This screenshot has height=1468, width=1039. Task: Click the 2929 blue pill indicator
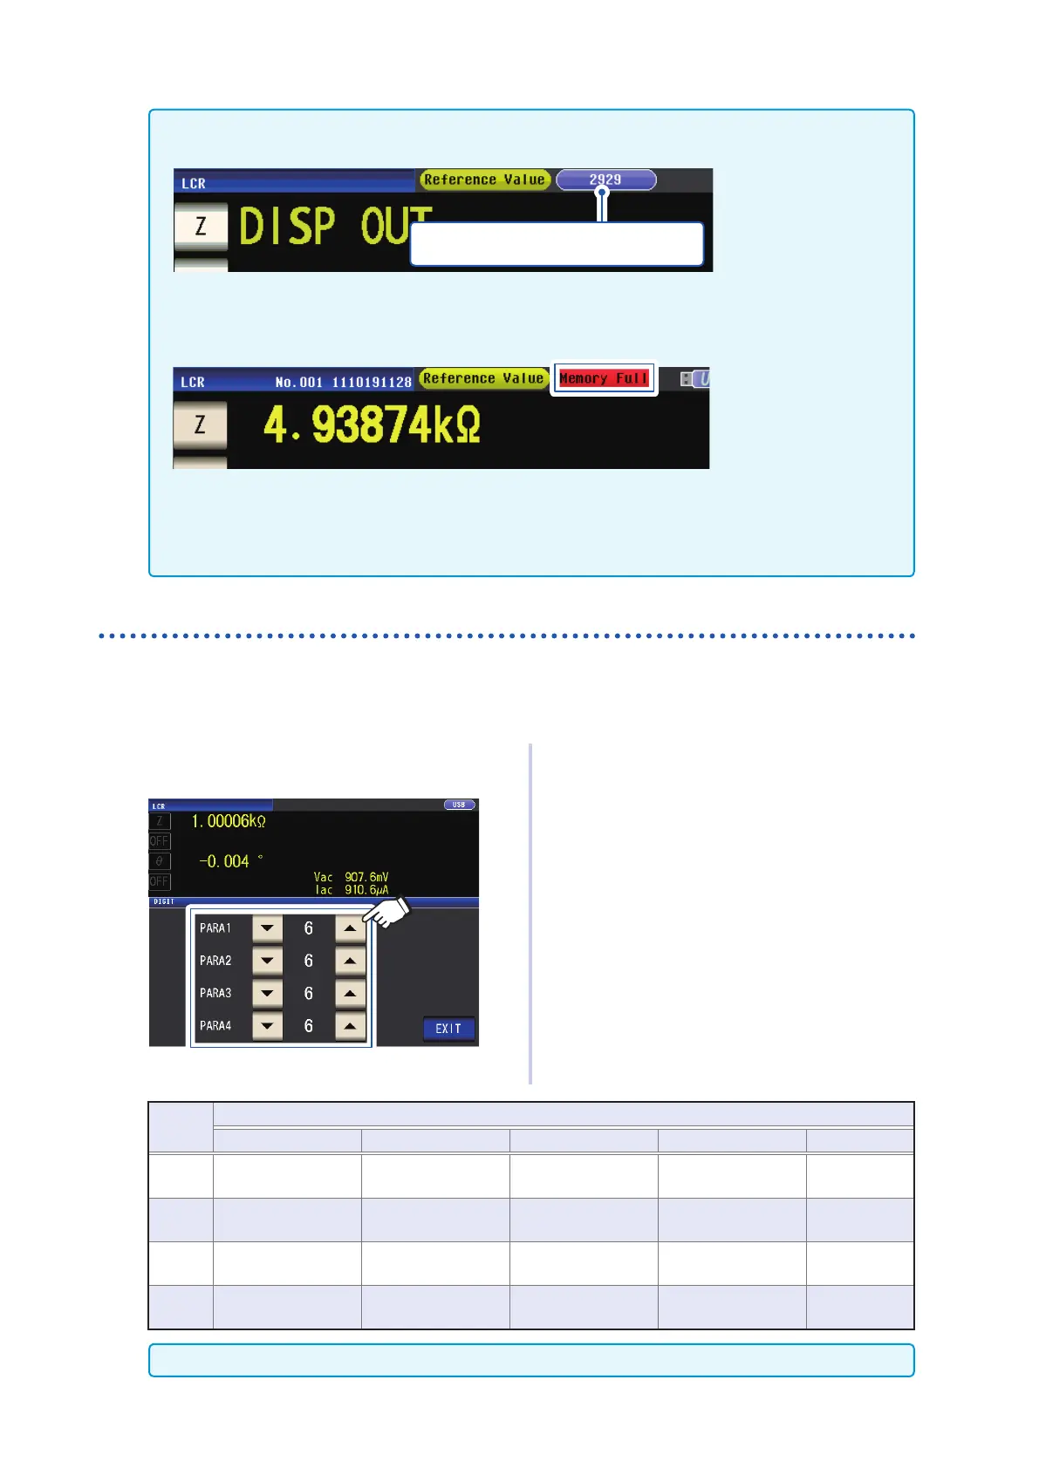(x=605, y=180)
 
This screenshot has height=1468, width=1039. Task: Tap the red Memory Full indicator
(x=604, y=378)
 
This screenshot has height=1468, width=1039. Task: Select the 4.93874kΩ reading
(x=372, y=425)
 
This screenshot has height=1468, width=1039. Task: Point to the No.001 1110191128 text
(x=343, y=382)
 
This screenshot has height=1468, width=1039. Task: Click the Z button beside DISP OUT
(x=201, y=227)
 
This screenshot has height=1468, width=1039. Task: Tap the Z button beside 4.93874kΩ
(x=200, y=425)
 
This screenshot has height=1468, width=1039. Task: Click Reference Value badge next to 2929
(x=484, y=180)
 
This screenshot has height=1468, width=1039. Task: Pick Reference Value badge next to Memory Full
(x=483, y=378)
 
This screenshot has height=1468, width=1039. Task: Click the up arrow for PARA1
(x=350, y=928)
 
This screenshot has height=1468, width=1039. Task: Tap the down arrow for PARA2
(x=267, y=961)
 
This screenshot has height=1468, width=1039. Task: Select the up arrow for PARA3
(x=350, y=994)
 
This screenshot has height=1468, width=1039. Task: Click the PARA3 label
(x=215, y=994)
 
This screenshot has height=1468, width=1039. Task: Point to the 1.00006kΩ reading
(x=228, y=821)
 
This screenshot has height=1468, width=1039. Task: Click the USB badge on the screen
(x=459, y=805)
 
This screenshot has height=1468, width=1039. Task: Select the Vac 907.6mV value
(x=352, y=877)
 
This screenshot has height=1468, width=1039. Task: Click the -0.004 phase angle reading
(x=225, y=861)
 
